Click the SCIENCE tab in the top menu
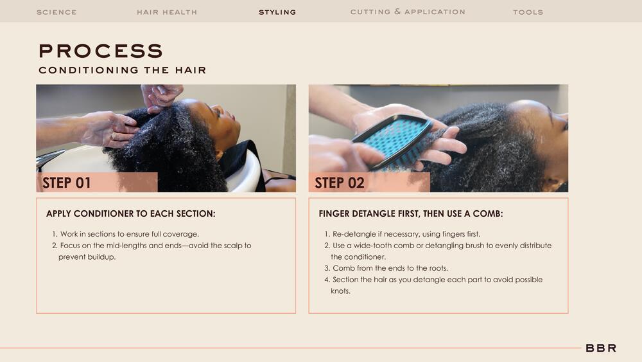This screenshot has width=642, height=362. [x=56, y=12]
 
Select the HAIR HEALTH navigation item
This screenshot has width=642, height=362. [x=167, y=12]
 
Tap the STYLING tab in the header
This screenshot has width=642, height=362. [x=277, y=12]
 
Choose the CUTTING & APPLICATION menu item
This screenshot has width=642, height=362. [x=408, y=12]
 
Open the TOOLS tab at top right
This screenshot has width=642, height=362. [x=528, y=12]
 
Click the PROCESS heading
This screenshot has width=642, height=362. [x=101, y=51]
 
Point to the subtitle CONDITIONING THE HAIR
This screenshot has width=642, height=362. [x=123, y=70]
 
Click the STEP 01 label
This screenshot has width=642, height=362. [x=66, y=183]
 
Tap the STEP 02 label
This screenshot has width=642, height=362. [x=340, y=183]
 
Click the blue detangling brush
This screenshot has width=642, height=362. [x=392, y=141]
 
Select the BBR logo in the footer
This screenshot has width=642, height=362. [x=601, y=348]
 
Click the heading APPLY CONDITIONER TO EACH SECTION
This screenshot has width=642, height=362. [x=130, y=213]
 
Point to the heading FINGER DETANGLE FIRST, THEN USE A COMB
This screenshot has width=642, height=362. [x=411, y=213]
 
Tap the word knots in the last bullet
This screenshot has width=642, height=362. [x=341, y=291]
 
